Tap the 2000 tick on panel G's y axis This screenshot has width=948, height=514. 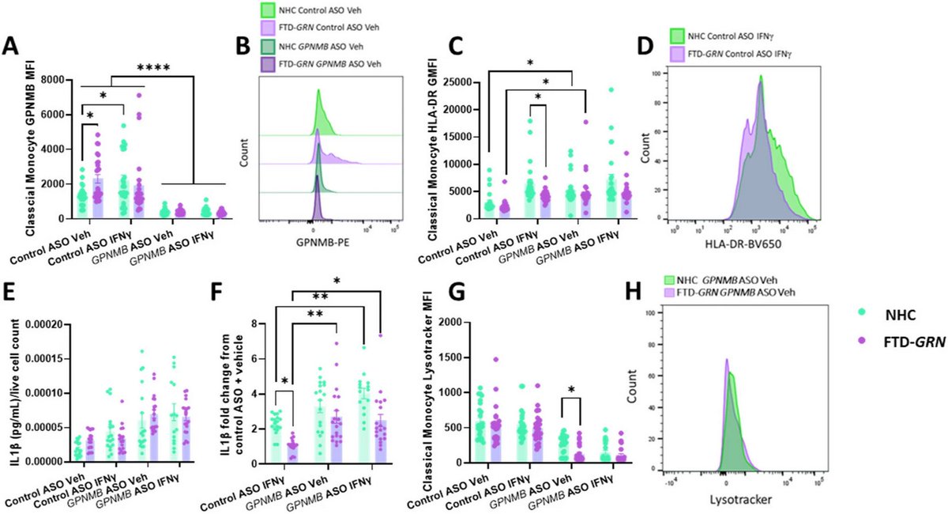pos(462,323)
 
